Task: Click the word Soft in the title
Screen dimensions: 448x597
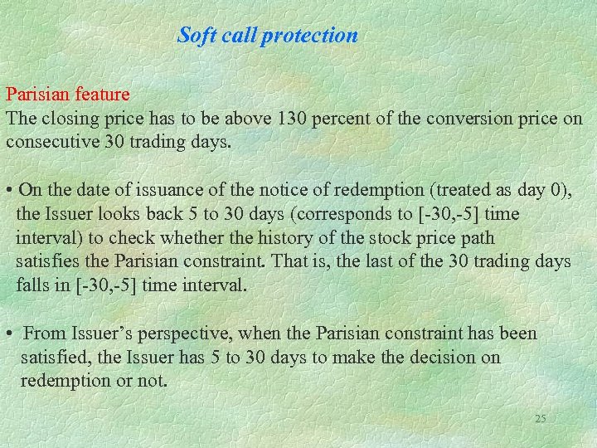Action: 197,36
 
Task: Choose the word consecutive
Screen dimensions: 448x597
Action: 52,141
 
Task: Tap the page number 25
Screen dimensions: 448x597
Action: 541,419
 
